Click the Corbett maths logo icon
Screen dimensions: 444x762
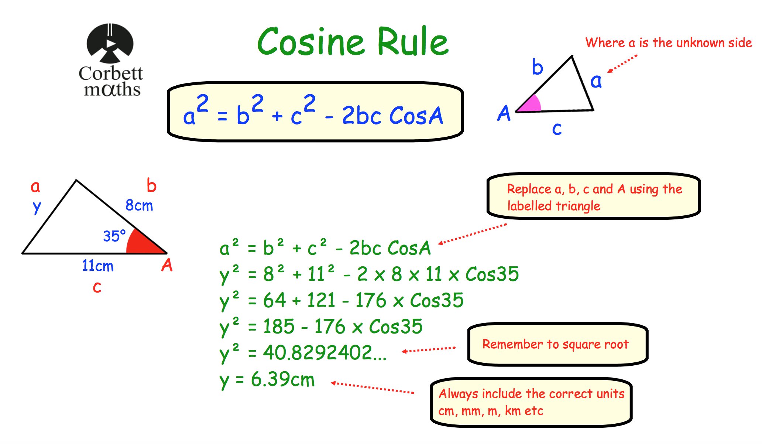(x=110, y=43)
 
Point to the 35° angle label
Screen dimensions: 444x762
(x=114, y=236)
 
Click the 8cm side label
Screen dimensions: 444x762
(x=139, y=205)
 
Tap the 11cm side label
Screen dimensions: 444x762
(x=97, y=266)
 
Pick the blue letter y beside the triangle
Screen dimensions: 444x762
(x=37, y=208)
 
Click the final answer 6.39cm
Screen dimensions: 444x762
(x=282, y=379)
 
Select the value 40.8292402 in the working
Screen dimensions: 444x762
(x=324, y=353)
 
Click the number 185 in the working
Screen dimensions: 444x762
(x=279, y=327)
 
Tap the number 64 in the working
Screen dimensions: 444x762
(x=274, y=300)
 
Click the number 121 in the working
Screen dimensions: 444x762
(x=321, y=300)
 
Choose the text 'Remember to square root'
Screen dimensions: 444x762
(x=555, y=344)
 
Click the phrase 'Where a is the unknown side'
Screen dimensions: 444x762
(x=669, y=43)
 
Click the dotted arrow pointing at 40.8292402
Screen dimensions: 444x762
(x=429, y=349)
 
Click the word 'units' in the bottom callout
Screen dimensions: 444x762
(x=611, y=394)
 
